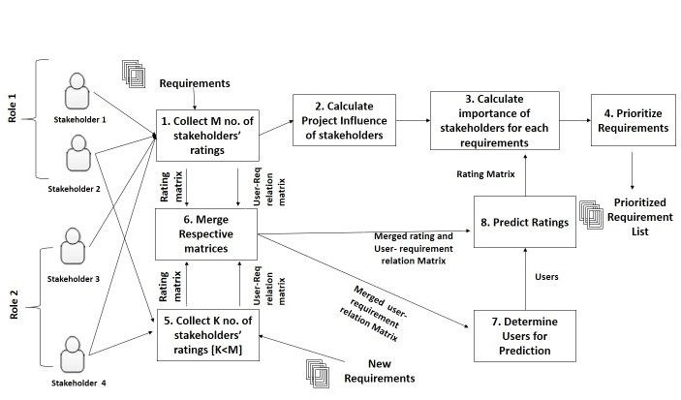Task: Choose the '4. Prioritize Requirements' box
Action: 633,120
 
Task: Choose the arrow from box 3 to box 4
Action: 573,121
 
